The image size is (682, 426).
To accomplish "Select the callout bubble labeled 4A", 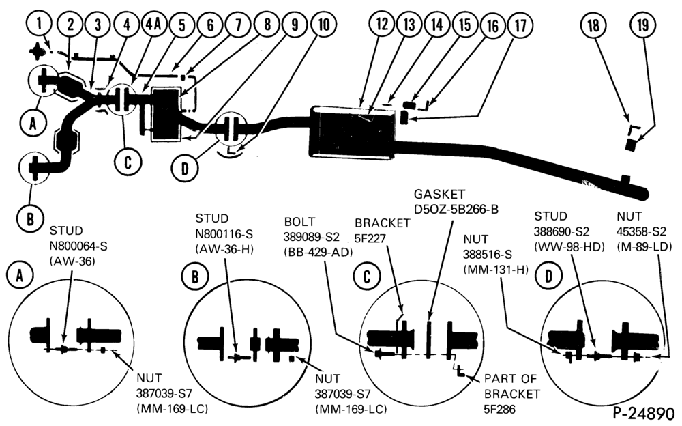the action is [153, 24].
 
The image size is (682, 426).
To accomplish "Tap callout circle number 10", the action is [323, 24].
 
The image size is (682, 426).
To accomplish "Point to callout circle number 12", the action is [381, 24].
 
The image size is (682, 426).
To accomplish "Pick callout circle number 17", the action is [520, 25].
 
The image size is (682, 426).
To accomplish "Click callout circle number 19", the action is [643, 25].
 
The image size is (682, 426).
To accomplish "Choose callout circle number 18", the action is [594, 25].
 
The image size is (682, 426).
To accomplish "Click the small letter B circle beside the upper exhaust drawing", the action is [31, 218].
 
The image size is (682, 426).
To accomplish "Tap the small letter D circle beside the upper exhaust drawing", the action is [185, 168].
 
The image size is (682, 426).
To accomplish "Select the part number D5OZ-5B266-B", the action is [456, 210].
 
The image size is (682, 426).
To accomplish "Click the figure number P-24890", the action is [644, 413].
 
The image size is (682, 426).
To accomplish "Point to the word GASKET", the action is [439, 194].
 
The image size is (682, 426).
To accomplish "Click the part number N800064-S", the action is [78, 246].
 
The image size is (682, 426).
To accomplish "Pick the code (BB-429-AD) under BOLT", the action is [318, 252].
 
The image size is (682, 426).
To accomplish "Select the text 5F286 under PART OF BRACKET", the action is [500, 410].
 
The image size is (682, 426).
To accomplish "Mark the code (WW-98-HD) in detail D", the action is [569, 246].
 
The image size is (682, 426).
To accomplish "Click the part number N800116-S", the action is [224, 234].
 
